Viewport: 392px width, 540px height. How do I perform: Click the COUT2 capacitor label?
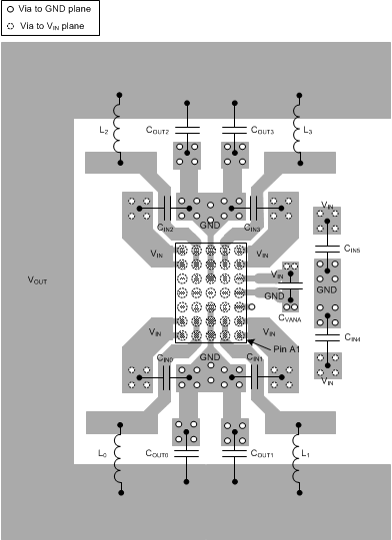(158, 131)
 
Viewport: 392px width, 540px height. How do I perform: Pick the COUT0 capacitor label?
(158, 454)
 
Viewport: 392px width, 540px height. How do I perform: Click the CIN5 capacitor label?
(352, 247)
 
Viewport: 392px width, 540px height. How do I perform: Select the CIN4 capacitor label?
(352, 338)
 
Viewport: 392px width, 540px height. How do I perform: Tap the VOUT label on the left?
(37, 281)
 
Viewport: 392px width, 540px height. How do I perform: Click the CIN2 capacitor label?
(164, 229)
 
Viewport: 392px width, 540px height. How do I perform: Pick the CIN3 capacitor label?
(253, 229)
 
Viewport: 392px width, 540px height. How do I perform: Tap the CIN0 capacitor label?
(165, 357)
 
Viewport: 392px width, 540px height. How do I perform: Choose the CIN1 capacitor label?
(254, 357)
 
